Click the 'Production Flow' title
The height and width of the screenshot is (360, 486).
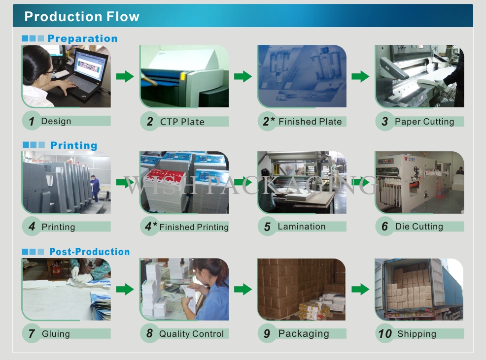pyautogui.click(x=82, y=16)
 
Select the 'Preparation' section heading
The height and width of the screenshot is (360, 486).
pyautogui.click(x=82, y=38)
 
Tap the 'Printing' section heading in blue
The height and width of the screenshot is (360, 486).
pyautogui.click(x=74, y=145)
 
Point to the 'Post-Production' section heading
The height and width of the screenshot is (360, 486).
pyautogui.click(x=90, y=252)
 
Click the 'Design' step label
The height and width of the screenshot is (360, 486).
pyautogui.click(x=56, y=121)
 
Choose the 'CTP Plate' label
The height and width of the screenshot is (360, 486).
pyautogui.click(x=182, y=122)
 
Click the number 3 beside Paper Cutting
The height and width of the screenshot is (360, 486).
pyautogui.click(x=384, y=122)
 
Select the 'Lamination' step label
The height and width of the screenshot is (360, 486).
pyautogui.click(x=302, y=227)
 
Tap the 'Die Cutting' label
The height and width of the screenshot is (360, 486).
pyautogui.click(x=419, y=227)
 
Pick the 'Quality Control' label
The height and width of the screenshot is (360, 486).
pyautogui.click(x=191, y=334)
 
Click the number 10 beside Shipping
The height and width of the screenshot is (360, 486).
pyautogui.click(x=385, y=334)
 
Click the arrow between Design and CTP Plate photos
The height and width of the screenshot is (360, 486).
pyautogui.click(x=125, y=76)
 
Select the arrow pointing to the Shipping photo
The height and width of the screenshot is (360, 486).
pyautogui.click(x=360, y=290)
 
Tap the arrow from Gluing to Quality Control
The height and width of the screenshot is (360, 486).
pyautogui.click(x=125, y=290)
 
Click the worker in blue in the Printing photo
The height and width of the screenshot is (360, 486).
pyautogui.click(x=95, y=188)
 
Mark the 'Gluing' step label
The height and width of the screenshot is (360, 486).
pyautogui.click(x=56, y=334)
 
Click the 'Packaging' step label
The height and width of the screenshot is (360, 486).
pyautogui.click(x=304, y=334)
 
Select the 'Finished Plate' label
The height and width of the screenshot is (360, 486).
pyautogui.click(x=310, y=122)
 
